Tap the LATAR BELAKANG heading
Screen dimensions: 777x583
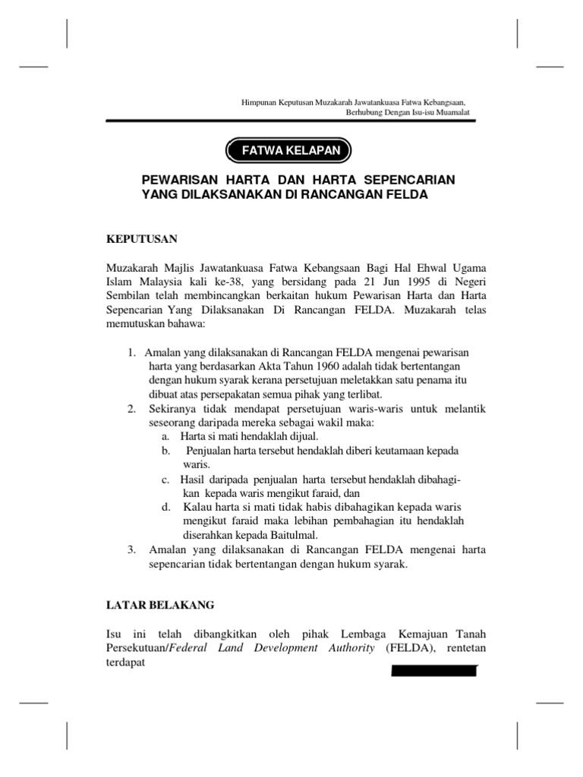click(160, 605)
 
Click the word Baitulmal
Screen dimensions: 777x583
click(294, 535)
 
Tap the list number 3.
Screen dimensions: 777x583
click(132, 549)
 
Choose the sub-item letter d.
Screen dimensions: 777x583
click(165, 506)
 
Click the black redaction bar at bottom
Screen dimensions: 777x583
click(433, 671)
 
